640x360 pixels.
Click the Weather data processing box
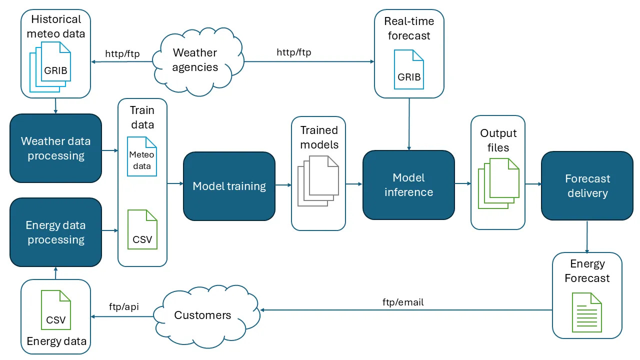click(x=55, y=148)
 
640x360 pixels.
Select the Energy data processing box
click(x=55, y=232)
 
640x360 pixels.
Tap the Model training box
click(x=229, y=186)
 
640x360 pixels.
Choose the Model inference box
click(x=408, y=185)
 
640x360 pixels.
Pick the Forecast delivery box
click(x=587, y=185)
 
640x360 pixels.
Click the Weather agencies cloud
click(x=198, y=61)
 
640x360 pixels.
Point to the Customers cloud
click(x=206, y=316)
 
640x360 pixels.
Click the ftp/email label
click(x=403, y=302)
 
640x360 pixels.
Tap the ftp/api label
click(x=123, y=307)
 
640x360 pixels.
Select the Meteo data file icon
click(x=142, y=156)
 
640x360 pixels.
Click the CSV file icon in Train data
click(x=142, y=229)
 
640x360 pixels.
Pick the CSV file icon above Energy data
click(x=56, y=310)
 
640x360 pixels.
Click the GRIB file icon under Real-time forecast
click(x=409, y=69)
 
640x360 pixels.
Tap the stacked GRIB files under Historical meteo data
click(x=50, y=67)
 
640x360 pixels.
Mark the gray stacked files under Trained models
click(x=318, y=181)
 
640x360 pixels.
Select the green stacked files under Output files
click(x=498, y=183)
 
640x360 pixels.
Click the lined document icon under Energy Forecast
click(x=587, y=312)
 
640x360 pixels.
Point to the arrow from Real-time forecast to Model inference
click(x=409, y=124)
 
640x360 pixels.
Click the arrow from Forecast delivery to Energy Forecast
click(x=587, y=237)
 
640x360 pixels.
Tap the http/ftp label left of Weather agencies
click(x=122, y=53)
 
